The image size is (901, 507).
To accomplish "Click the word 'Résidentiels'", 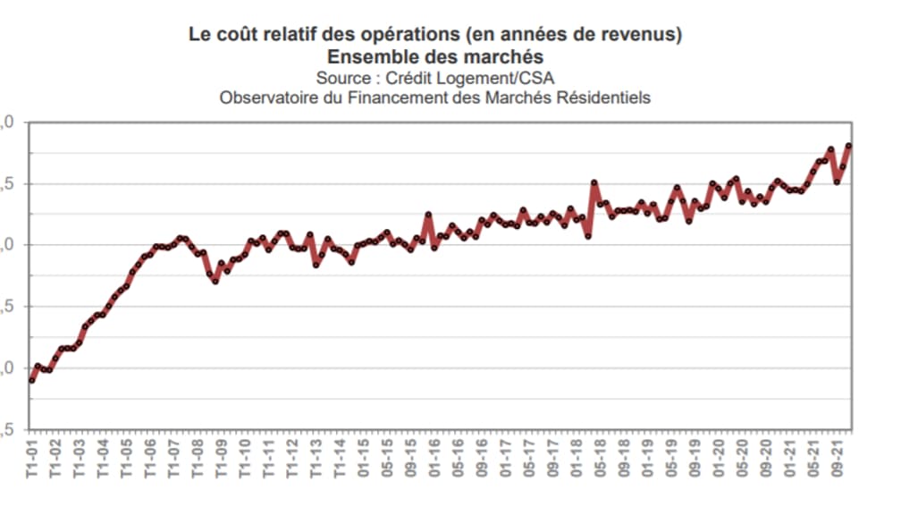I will click(x=603, y=97).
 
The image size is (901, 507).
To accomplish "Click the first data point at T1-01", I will click(x=32, y=380).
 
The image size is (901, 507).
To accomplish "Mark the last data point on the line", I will click(x=848, y=146).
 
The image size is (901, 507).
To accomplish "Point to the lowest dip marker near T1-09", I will click(x=215, y=281).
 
